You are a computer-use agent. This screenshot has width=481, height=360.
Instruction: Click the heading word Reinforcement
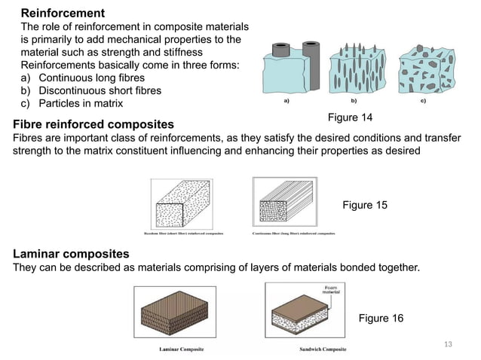point(62,14)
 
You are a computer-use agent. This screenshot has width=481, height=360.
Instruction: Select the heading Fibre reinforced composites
point(93,124)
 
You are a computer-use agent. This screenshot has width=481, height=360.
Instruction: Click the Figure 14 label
point(350,117)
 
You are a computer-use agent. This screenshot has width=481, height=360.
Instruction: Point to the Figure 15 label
point(366,205)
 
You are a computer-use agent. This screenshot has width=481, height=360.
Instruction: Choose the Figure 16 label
point(381,318)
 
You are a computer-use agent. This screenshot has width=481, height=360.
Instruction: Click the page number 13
point(449,344)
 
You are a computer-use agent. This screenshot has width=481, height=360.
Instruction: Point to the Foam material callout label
point(330,290)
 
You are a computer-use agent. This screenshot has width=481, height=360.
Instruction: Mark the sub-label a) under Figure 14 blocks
point(285,99)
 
